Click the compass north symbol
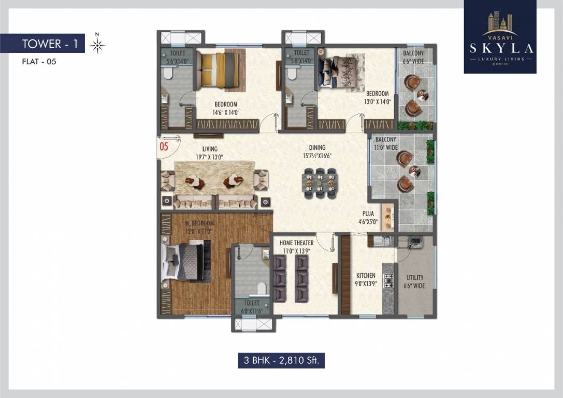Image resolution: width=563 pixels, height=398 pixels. (97, 45)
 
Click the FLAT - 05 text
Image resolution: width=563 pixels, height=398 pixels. (39, 62)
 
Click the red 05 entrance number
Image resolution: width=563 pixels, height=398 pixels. (164, 146)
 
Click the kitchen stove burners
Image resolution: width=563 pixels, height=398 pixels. (388, 280)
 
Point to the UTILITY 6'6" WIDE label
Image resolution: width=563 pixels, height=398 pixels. (415, 281)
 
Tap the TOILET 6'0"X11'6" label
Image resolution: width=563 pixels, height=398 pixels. (251, 307)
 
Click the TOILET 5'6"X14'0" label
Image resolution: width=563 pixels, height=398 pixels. (177, 56)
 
